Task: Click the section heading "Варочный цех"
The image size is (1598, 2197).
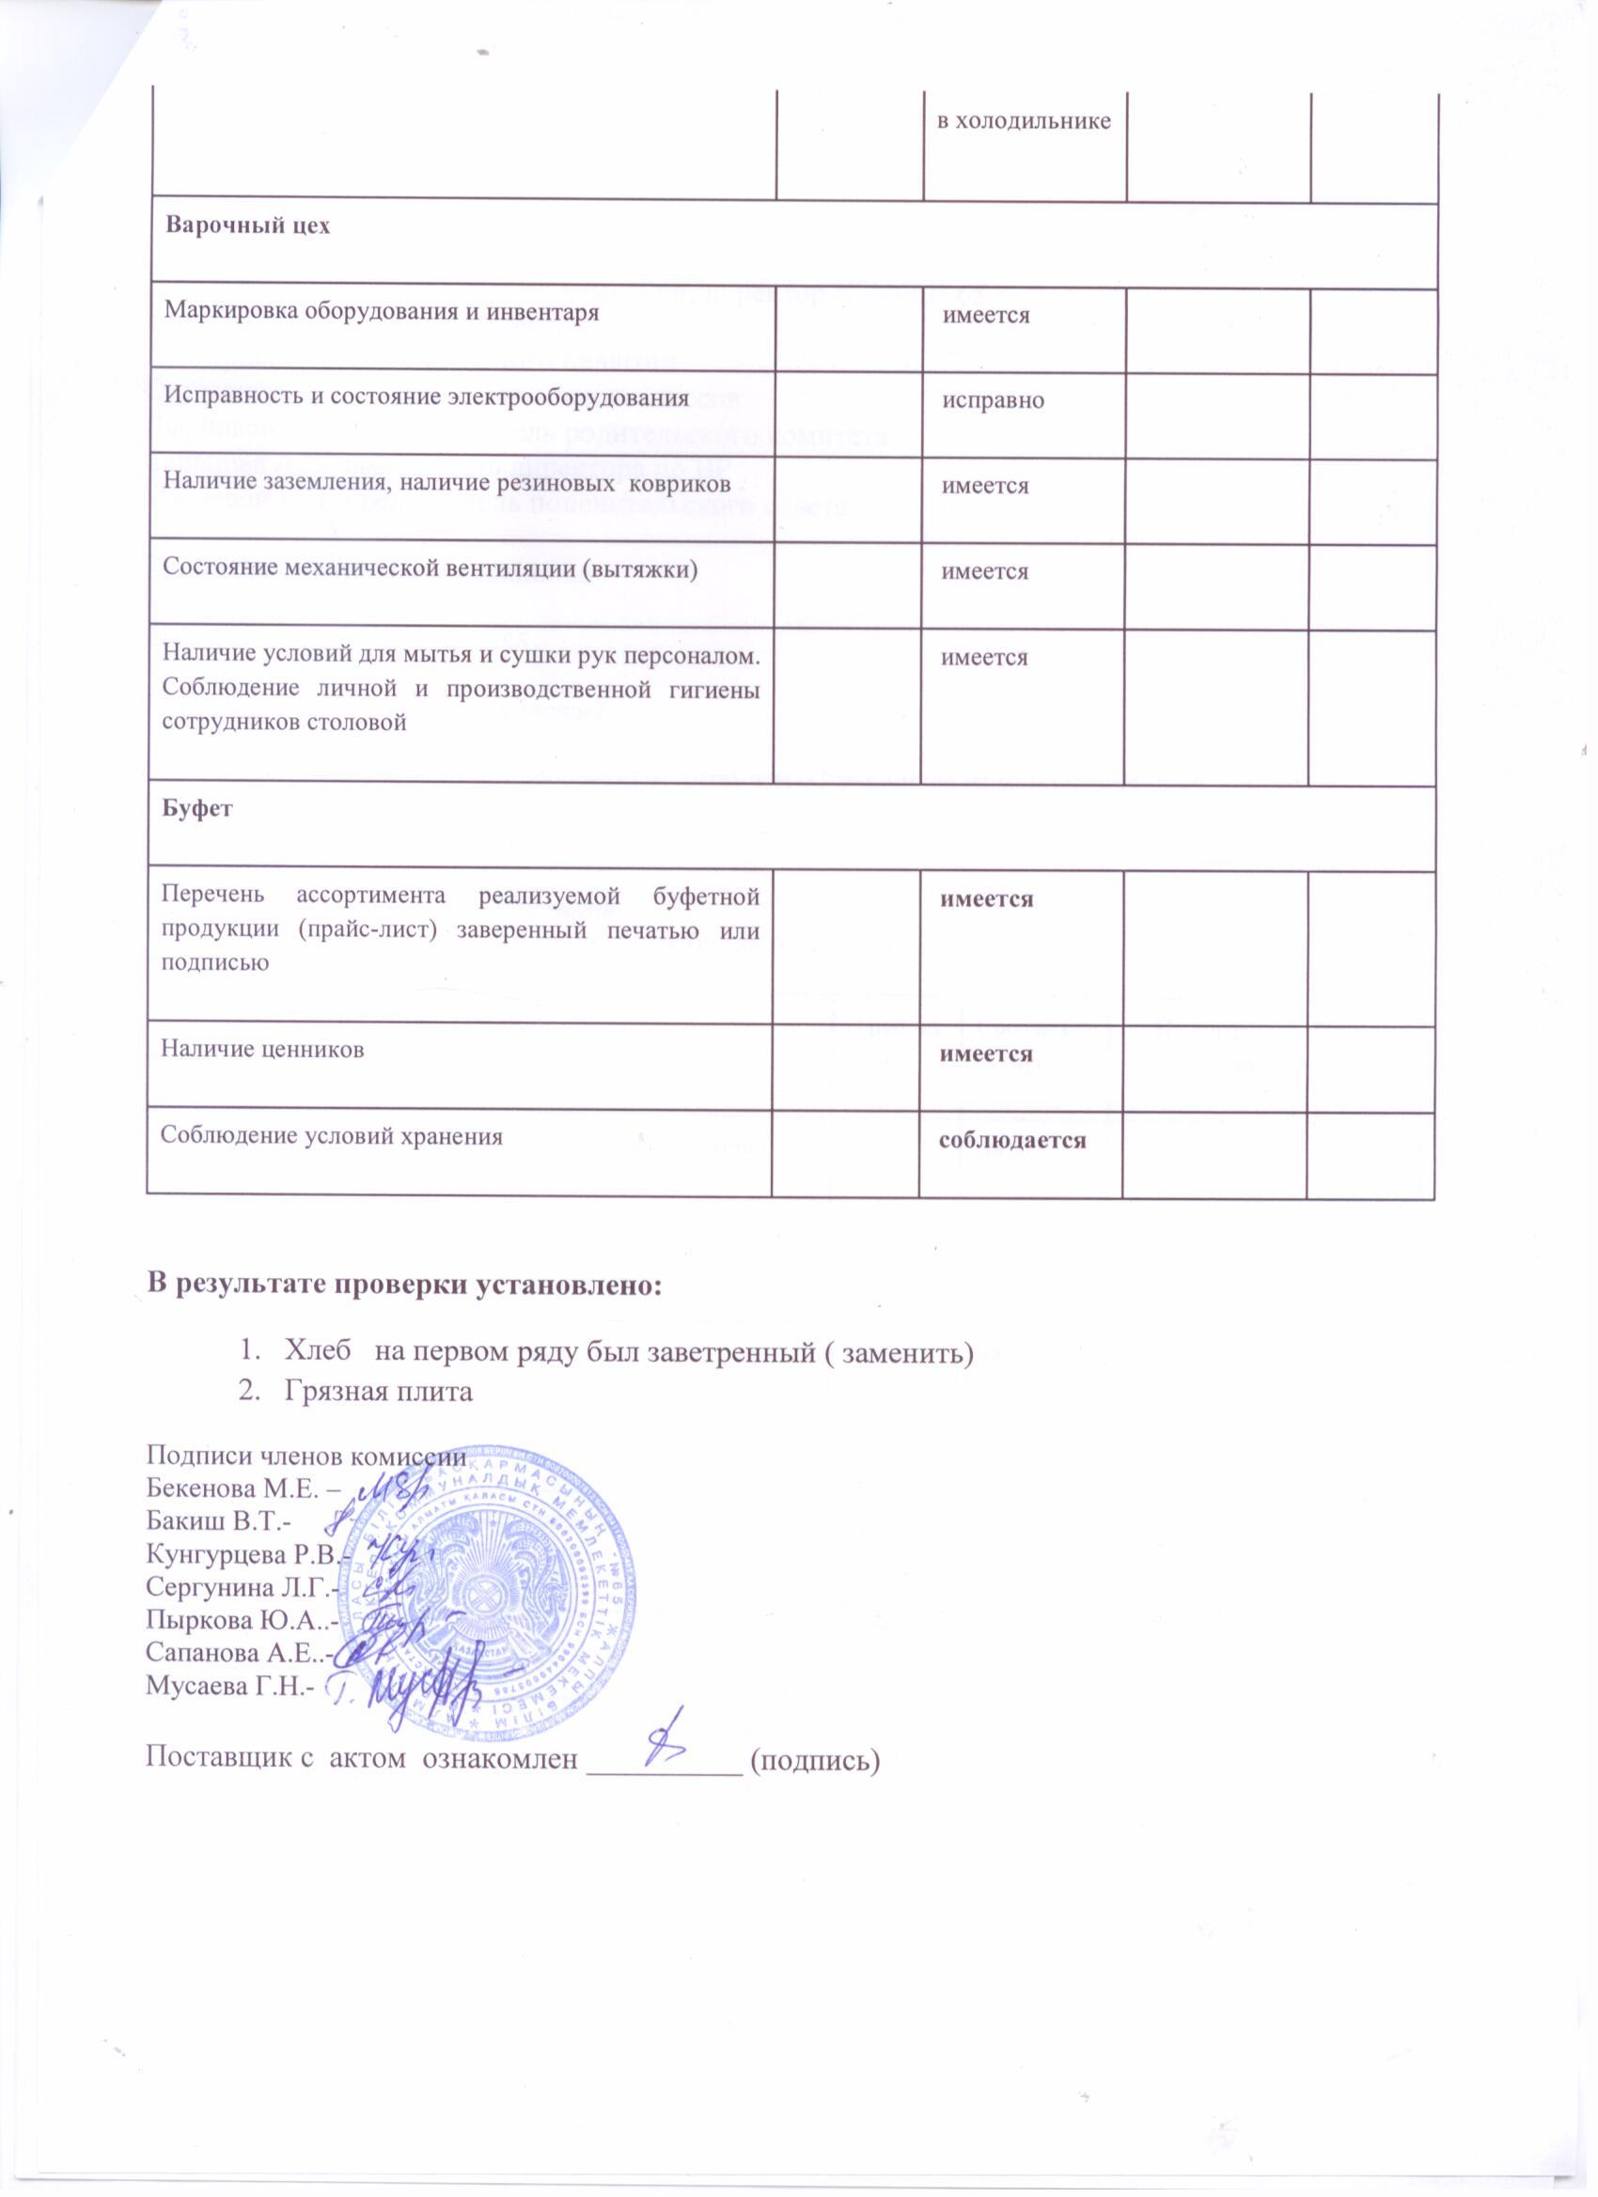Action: (x=248, y=226)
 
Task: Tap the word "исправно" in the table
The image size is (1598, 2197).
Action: (x=995, y=400)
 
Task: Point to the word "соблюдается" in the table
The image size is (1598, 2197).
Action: (x=1011, y=1141)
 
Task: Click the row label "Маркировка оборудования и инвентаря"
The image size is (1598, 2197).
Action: (x=380, y=311)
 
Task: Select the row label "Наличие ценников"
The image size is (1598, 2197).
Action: (x=262, y=1049)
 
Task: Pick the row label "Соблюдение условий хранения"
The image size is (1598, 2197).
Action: (x=332, y=1135)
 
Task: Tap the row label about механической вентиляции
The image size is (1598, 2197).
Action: (x=431, y=568)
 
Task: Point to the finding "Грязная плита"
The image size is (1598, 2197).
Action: (x=379, y=1392)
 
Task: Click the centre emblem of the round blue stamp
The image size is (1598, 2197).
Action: (x=481, y=1598)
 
